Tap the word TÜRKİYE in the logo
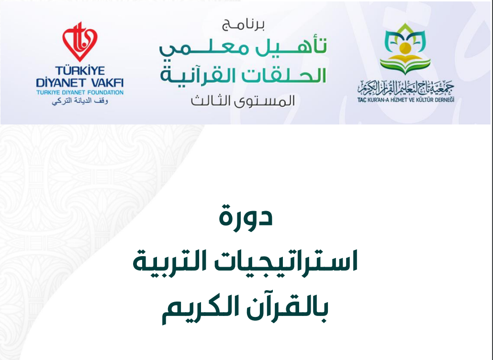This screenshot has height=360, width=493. click(x=80, y=70)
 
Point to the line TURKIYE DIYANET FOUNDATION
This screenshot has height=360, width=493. click(x=80, y=92)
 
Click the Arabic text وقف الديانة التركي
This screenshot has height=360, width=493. click(x=80, y=101)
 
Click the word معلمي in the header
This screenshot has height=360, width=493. click(x=204, y=49)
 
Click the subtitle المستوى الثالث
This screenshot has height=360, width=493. click(x=243, y=101)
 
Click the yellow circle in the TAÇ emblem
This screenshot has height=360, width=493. click(x=405, y=49)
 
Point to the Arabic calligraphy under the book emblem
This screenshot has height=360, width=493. click(x=406, y=88)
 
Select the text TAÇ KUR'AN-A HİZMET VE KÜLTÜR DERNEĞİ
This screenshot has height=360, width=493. click(x=406, y=100)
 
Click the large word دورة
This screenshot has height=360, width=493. click(x=246, y=216)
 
